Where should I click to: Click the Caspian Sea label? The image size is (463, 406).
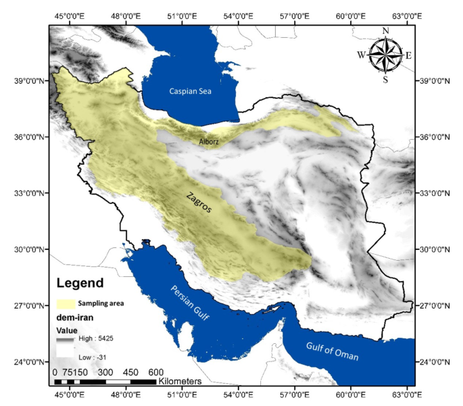(x=191, y=91)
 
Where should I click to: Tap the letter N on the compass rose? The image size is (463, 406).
(x=386, y=30)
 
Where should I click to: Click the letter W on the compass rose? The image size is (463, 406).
(x=362, y=55)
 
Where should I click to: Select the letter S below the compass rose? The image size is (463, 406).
(x=385, y=80)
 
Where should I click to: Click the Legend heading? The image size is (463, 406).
(x=80, y=283)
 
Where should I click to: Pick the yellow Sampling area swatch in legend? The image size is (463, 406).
(x=65, y=303)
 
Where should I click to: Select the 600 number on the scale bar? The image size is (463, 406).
(x=155, y=372)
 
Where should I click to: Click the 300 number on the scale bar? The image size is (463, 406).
(x=105, y=372)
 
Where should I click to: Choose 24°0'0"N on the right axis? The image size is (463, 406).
(x=437, y=362)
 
